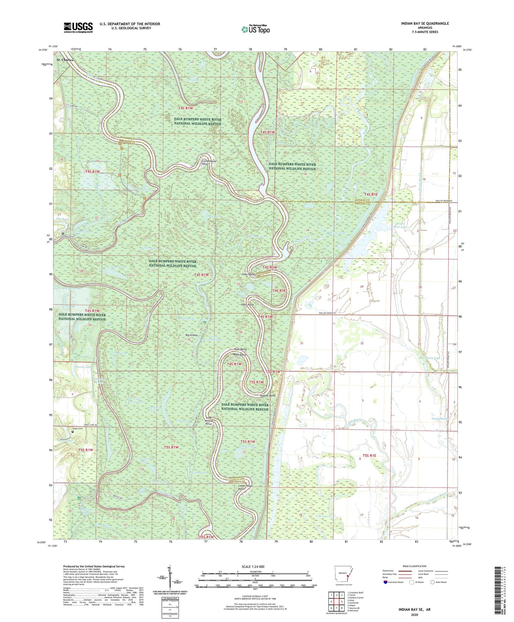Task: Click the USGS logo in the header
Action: point(78,27)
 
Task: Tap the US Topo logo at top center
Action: point(255,29)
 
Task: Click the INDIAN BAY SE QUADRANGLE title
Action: point(425,24)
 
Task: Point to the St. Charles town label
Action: point(65,60)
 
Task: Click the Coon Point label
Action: point(249,275)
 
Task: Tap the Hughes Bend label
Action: point(267,395)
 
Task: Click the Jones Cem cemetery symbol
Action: point(73,431)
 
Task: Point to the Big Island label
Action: point(191,335)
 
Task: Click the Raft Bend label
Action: point(240,349)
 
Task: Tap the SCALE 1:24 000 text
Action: point(253,566)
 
